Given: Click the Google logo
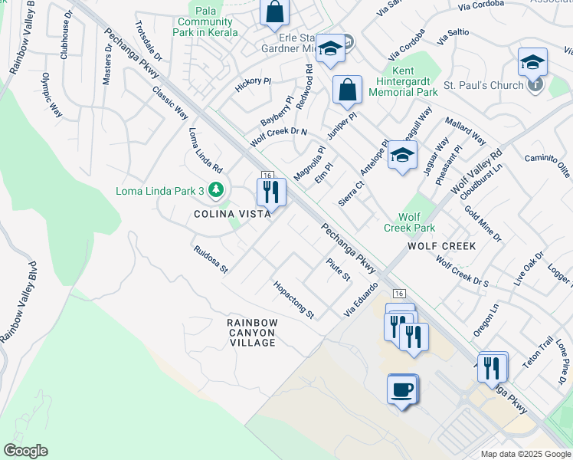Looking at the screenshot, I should click(x=25, y=451).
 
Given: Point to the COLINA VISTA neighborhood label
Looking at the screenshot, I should click(x=233, y=215).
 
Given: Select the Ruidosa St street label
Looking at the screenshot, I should click(x=211, y=259).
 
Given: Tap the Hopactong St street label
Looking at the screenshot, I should click(x=294, y=299).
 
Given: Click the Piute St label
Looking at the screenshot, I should click(x=338, y=269).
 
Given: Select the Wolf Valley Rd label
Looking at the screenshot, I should click(x=476, y=171).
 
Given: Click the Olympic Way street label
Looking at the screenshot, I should click(x=51, y=94).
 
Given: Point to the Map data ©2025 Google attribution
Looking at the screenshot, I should click(x=525, y=454).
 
